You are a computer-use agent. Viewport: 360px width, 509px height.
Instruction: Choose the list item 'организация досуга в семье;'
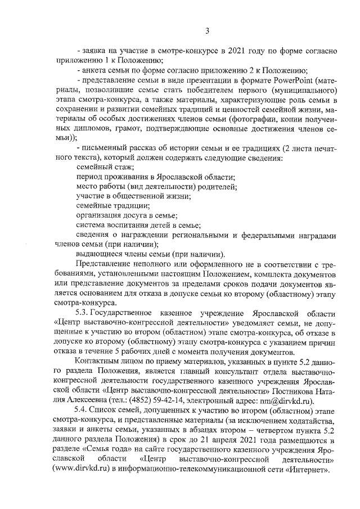tap(127, 215)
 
